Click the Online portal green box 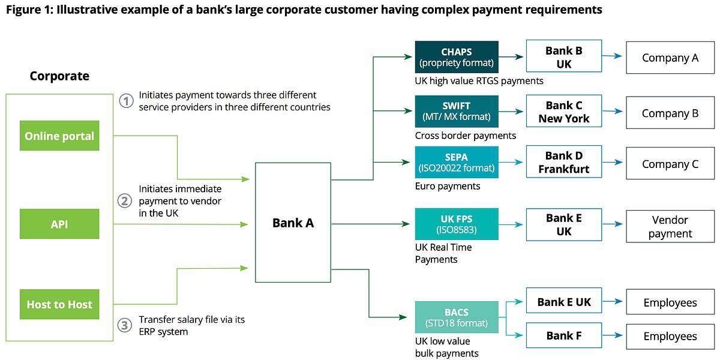click(59, 136)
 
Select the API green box click(59, 224)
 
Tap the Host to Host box click(59, 304)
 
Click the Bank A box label click(293, 223)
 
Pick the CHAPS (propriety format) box click(457, 56)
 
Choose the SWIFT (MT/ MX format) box click(457, 111)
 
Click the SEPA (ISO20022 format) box click(457, 162)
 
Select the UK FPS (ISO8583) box click(457, 224)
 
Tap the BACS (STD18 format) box click(457, 317)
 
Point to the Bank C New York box click(563, 112)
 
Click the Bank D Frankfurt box click(563, 163)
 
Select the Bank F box click(563, 335)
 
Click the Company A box click(670, 58)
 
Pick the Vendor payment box click(670, 227)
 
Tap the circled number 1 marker click(125, 101)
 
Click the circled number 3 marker click(125, 325)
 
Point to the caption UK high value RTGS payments click(479, 81)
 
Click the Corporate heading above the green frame click(59, 76)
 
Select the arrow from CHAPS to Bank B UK click(512, 56)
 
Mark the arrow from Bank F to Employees click(613, 335)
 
